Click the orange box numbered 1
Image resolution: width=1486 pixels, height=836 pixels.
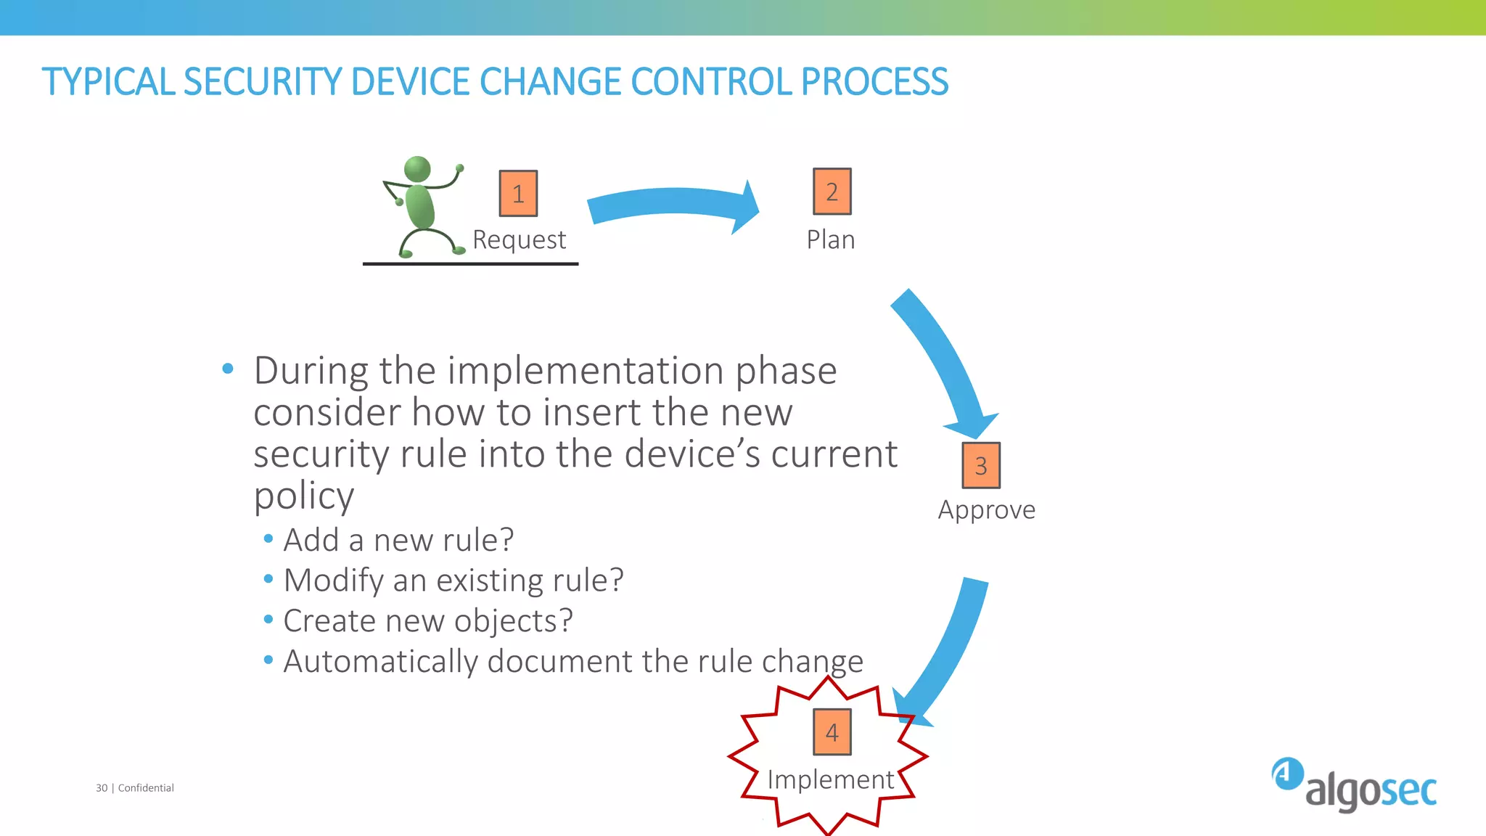tap(518, 194)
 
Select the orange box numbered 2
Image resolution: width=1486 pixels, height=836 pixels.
tap(832, 192)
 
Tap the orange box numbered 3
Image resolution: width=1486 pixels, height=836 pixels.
tap(981, 465)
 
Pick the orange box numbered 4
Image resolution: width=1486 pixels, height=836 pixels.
tap(832, 732)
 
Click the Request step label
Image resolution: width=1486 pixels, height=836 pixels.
tap(519, 239)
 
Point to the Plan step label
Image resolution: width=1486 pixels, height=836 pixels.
tap(831, 239)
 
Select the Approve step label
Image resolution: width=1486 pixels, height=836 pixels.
tap(986, 509)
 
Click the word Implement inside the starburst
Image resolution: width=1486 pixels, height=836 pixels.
tap(831, 779)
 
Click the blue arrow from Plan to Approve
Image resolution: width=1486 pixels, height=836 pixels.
tap(943, 356)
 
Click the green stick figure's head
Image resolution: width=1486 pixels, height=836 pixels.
tap(417, 169)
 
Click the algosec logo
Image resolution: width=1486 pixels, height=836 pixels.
tap(1354, 785)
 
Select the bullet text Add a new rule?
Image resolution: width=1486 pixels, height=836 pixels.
tap(398, 540)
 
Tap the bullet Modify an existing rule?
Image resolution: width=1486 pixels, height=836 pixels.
tap(453, 581)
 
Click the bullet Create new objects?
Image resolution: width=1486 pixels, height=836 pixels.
tap(428, 621)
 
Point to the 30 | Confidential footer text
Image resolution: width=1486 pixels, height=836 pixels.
tap(135, 788)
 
